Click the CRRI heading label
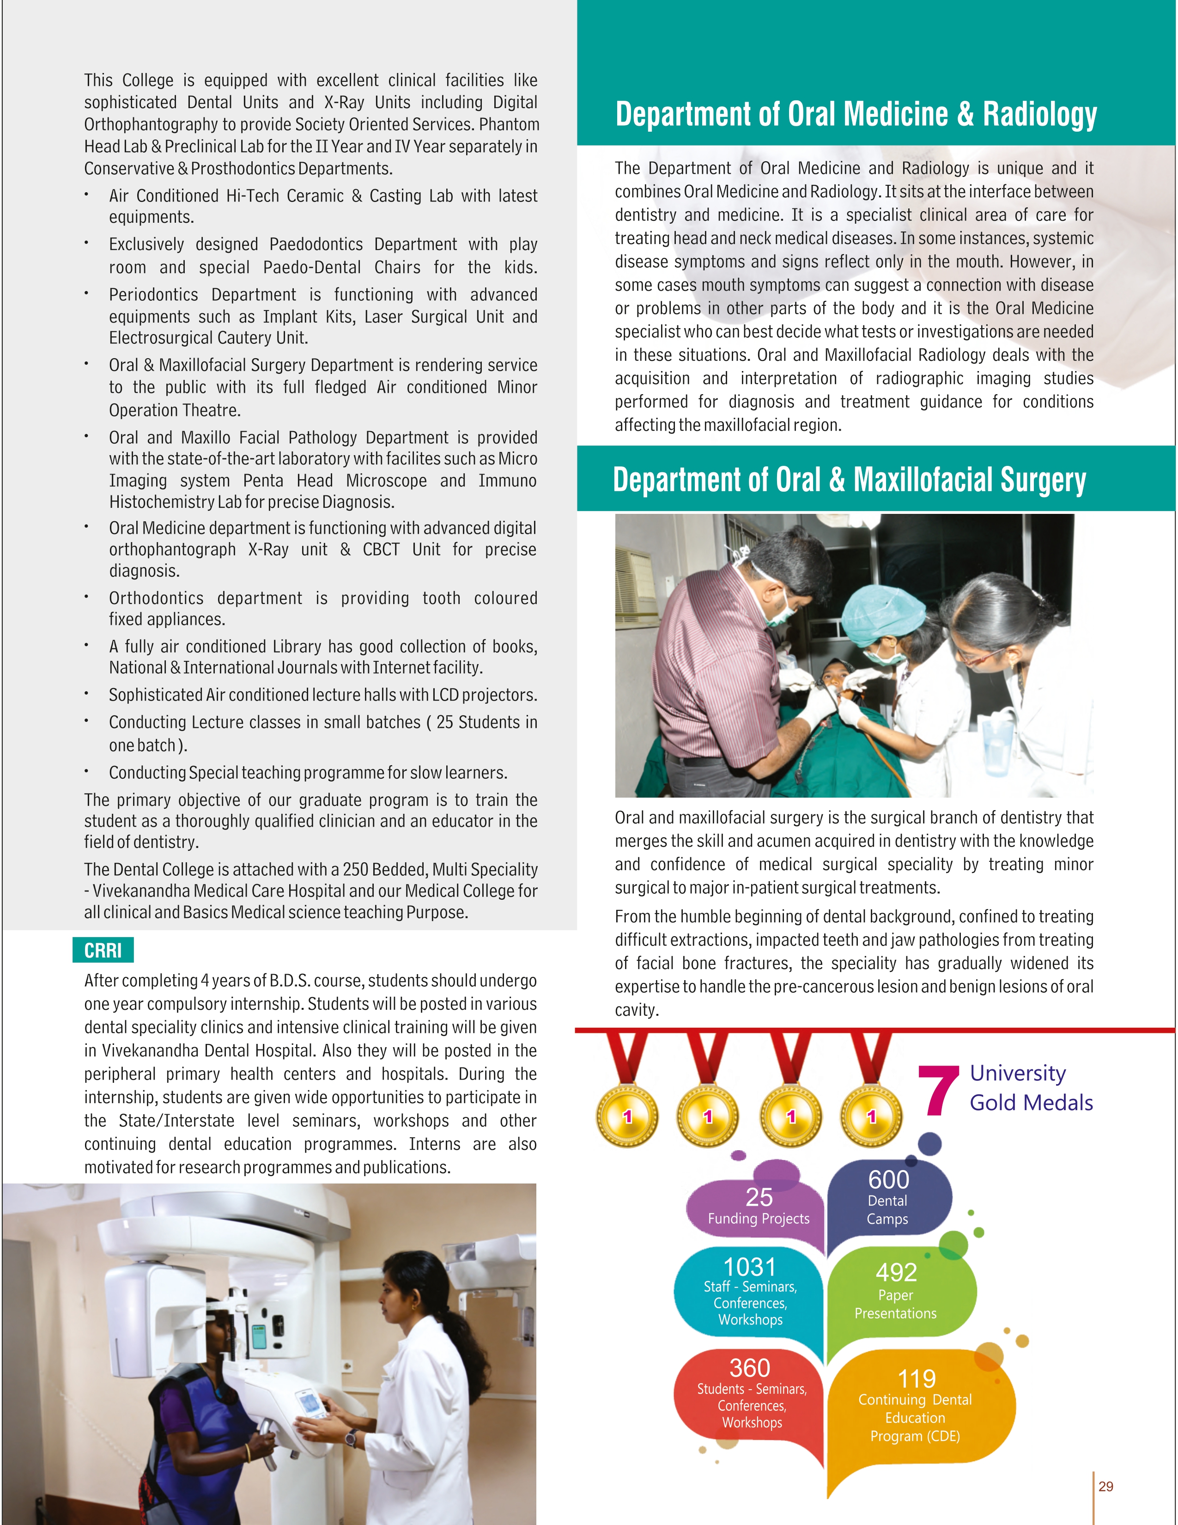pos(103,950)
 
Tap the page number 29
pos(1105,1486)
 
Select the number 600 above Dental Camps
pos(888,1179)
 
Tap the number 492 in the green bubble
pos(896,1272)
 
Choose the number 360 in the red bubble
pos(749,1367)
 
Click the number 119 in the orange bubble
pos(917,1379)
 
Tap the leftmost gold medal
pos(627,1115)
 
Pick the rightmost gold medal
pos(871,1115)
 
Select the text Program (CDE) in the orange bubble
pos(914,1436)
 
